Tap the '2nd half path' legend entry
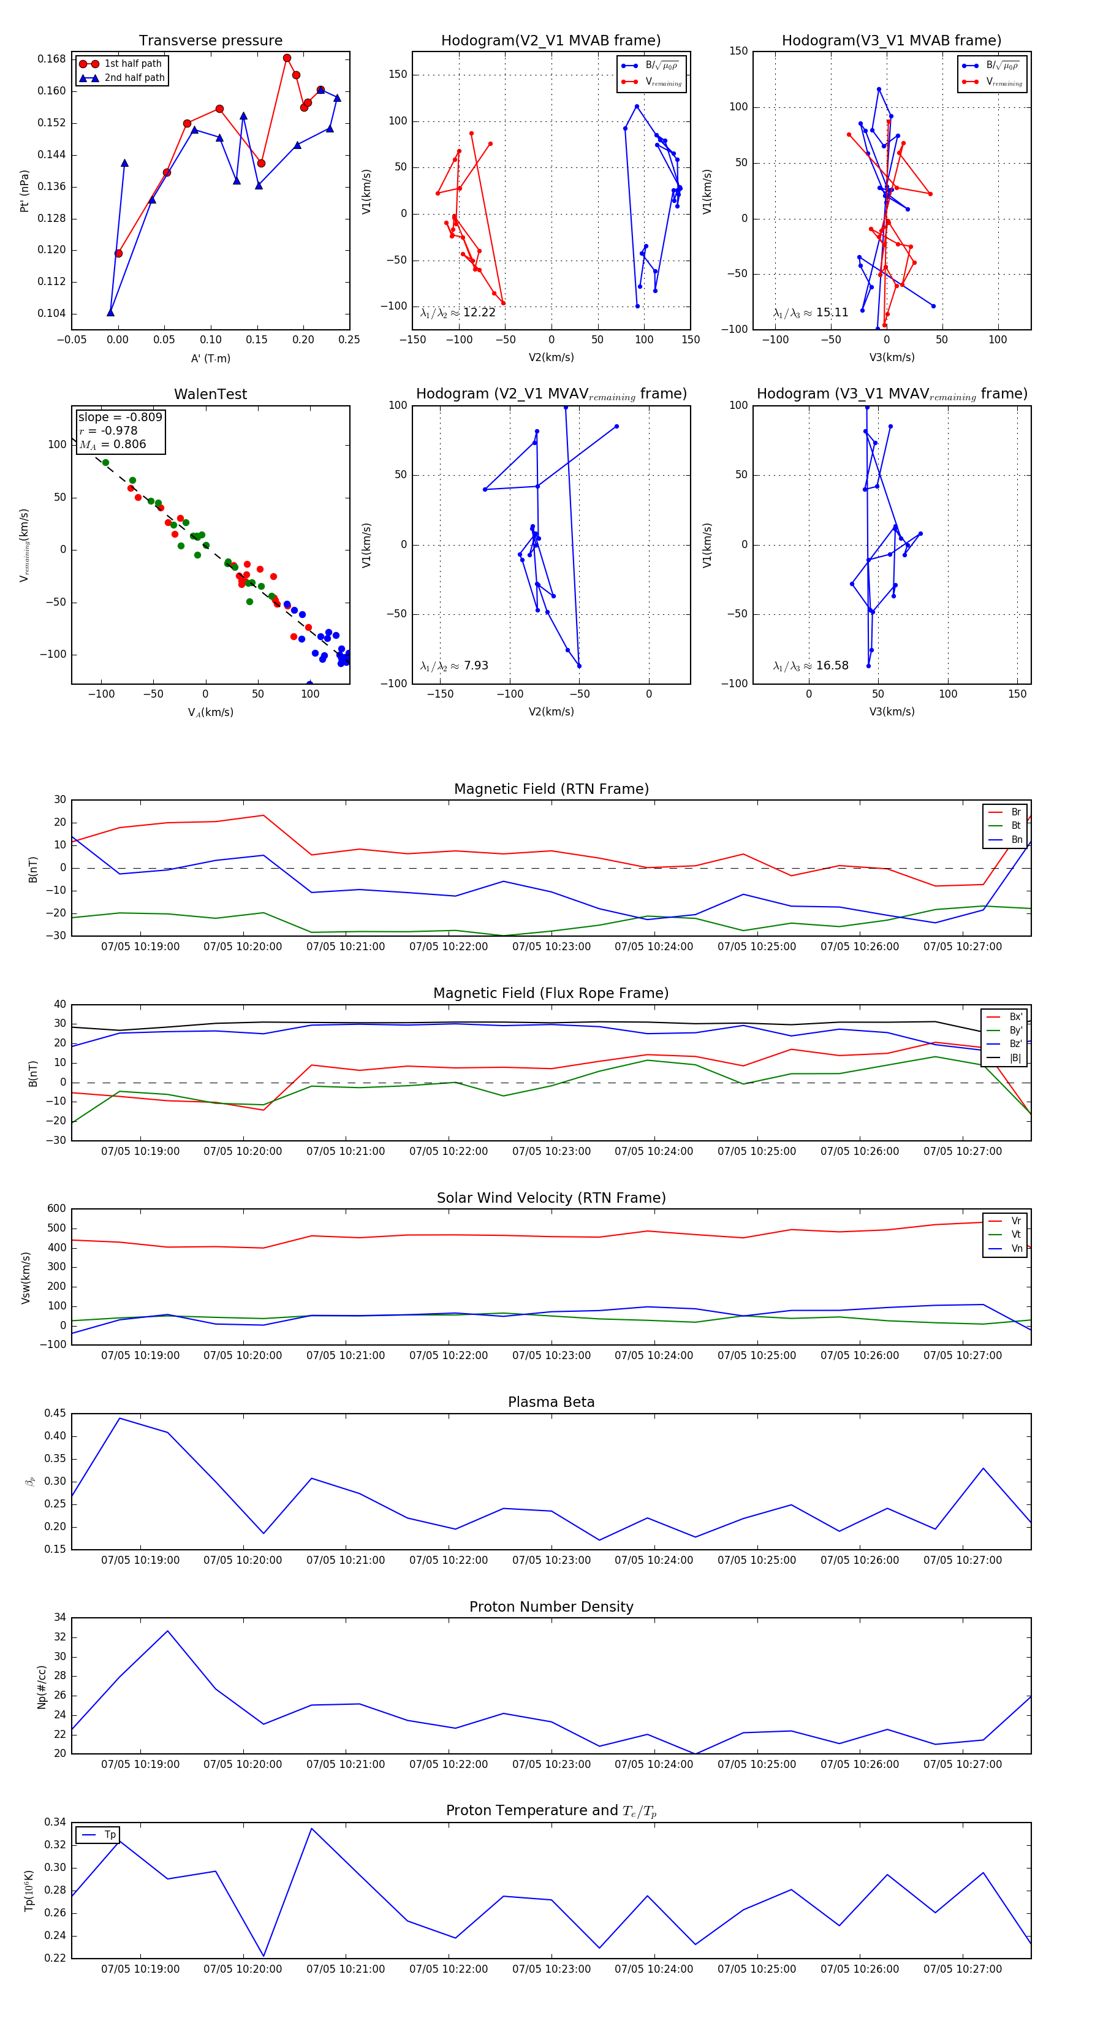pos(134,78)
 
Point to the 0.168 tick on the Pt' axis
pos(52,59)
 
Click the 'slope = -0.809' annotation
pos(120,417)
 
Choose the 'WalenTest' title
pos(210,394)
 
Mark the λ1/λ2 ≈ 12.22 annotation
pos(458,313)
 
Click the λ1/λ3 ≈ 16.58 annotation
pos(810,666)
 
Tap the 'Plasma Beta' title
pos(551,1402)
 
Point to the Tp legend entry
pos(110,1835)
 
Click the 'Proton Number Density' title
pos(551,1606)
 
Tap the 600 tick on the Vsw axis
pos(56,1209)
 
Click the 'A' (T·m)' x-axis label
pos(210,358)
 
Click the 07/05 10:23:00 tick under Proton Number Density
pos(551,1764)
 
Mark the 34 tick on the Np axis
pos(59,1618)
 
